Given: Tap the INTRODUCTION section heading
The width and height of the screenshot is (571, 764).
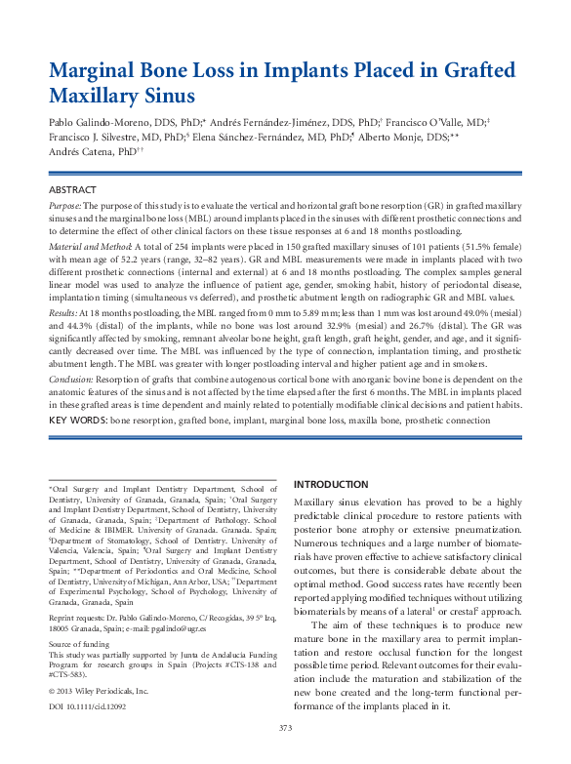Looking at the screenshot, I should point(331,484).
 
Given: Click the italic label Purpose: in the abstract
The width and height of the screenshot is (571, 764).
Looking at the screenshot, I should point(65,208).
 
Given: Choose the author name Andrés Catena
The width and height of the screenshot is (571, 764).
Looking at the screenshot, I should point(80,154).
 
